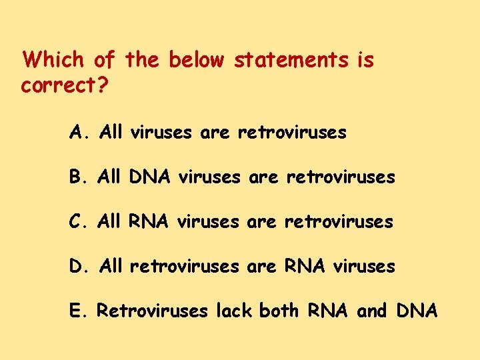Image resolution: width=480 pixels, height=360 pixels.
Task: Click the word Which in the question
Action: pos(53,61)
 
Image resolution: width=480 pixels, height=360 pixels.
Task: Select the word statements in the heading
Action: pos(291,61)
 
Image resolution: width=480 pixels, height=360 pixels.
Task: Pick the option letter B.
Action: pos(76,177)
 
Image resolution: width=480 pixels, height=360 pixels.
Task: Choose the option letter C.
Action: pos(76,221)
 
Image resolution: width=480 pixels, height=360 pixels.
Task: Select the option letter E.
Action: pos(75,310)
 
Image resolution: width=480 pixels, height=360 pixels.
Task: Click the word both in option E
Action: pos(279,310)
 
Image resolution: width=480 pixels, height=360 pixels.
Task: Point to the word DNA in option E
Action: pos(417,310)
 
